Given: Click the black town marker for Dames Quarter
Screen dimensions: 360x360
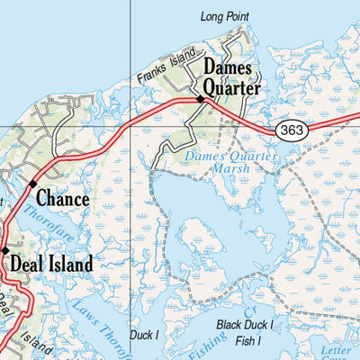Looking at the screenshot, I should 201,99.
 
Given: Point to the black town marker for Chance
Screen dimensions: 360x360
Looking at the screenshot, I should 33,184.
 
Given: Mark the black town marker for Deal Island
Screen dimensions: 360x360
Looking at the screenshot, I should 4,249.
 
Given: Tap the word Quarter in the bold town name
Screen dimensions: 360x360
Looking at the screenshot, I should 231,88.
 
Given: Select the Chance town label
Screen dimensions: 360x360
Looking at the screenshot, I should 62,199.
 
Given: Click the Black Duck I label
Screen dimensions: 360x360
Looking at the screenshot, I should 247,324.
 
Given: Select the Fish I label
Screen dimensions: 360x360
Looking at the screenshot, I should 247,341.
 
